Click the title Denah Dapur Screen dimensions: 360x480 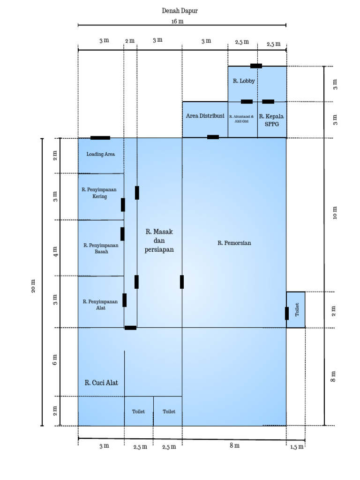[180, 11]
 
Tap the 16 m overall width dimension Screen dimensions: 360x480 [178, 22]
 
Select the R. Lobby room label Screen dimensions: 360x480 [244, 81]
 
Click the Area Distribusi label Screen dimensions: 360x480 [205, 116]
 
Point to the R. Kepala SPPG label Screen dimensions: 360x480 [271, 120]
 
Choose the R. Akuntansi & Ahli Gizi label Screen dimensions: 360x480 [241, 119]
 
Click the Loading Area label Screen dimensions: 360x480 [100, 154]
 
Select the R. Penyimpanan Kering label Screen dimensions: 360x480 [99, 193]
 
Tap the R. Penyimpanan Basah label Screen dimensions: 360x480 [101, 248]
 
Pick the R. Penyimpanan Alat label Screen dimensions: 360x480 [100, 305]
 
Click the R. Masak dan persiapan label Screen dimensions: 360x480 [159, 240]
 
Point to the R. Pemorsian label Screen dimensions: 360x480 [234, 243]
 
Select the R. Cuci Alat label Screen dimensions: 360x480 [101, 382]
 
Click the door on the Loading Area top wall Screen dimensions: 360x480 [100, 138]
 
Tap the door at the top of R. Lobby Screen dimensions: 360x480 [256, 66]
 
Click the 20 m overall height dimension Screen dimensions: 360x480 [33, 286]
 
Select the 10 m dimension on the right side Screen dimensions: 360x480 [335, 213]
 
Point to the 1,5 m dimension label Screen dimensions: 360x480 [297, 447]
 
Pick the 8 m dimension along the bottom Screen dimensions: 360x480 [234, 445]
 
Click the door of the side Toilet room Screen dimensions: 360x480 [287, 314]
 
